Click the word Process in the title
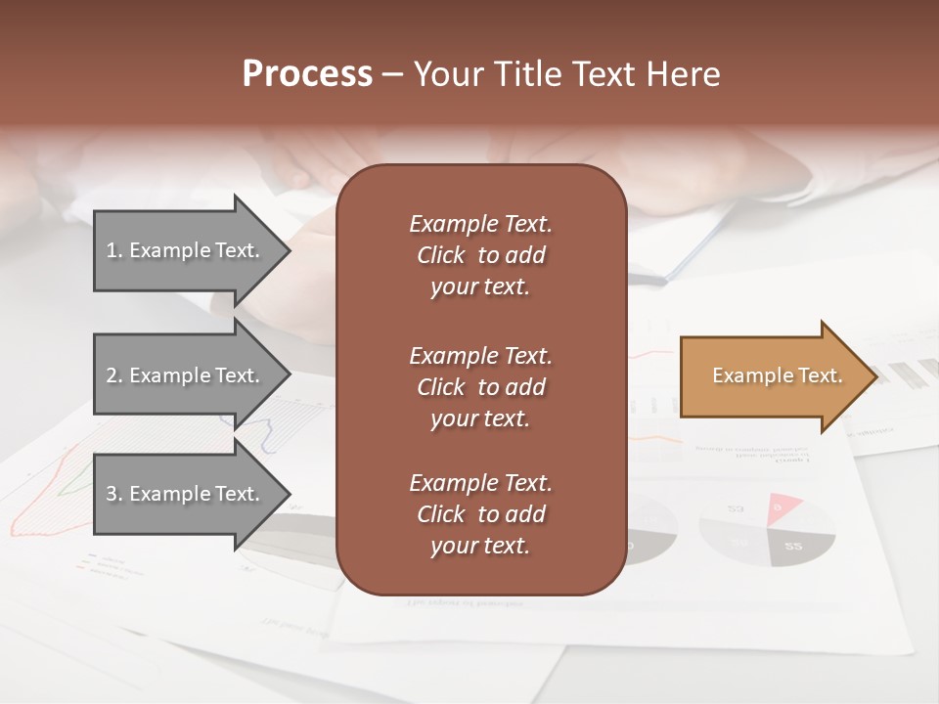click(307, 74)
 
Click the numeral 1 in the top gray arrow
click(111, 250)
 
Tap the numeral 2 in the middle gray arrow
click(112, 375)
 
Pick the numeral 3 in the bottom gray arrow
click(112, 494)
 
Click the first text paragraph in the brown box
click(480, 255)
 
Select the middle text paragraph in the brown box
click(480, 387)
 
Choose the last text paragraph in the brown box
click(480, 514)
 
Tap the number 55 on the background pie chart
click(793, 547)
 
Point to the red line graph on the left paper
click(44, 499)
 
